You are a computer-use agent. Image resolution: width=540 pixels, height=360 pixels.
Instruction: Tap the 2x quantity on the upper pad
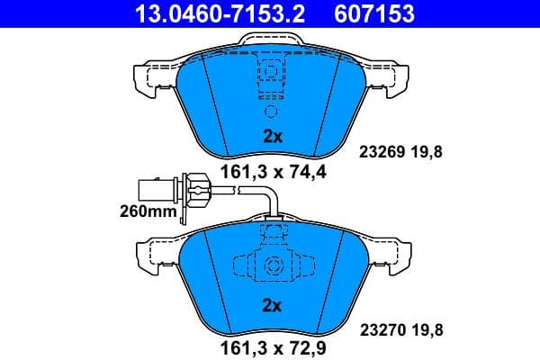tap(272, 137)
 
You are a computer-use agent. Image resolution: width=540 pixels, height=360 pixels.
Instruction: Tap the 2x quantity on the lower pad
tap(272, 305)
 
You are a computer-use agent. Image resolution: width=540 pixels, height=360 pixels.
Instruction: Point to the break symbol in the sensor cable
tap(233, 190)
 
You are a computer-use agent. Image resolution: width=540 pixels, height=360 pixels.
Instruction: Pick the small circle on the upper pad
tap(272, 112)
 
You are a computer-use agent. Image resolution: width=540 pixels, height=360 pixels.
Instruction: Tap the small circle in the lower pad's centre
tap(272, 267)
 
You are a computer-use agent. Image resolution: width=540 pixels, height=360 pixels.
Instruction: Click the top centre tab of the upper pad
tap(271, 41)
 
